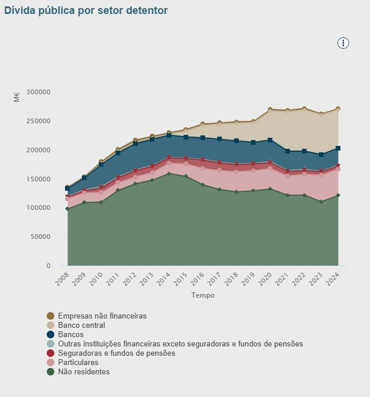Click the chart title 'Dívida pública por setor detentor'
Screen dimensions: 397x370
[x=86, y=10]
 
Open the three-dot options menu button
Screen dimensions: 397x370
[x=343, y=43]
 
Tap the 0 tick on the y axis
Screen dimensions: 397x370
[x=48, y=266]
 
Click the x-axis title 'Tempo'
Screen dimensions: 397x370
[x=203, y=295]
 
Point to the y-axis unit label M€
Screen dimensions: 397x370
[x=16, y=96]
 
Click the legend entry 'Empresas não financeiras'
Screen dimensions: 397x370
[x=102, y=316]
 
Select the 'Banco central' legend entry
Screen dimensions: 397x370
[x=81, y=326]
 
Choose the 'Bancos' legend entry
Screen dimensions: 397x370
[x=71, y=335]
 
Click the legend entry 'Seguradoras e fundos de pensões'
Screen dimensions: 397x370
[x=116, y=353]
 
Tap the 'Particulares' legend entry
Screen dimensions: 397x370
[x=78, y=363]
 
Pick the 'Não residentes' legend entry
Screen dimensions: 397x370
[x=84, y=372]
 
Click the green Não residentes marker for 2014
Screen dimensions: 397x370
[x=169, y=174]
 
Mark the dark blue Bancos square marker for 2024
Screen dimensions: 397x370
[x=338, y=148]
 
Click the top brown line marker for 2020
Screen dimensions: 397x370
[x=270, y=109]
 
